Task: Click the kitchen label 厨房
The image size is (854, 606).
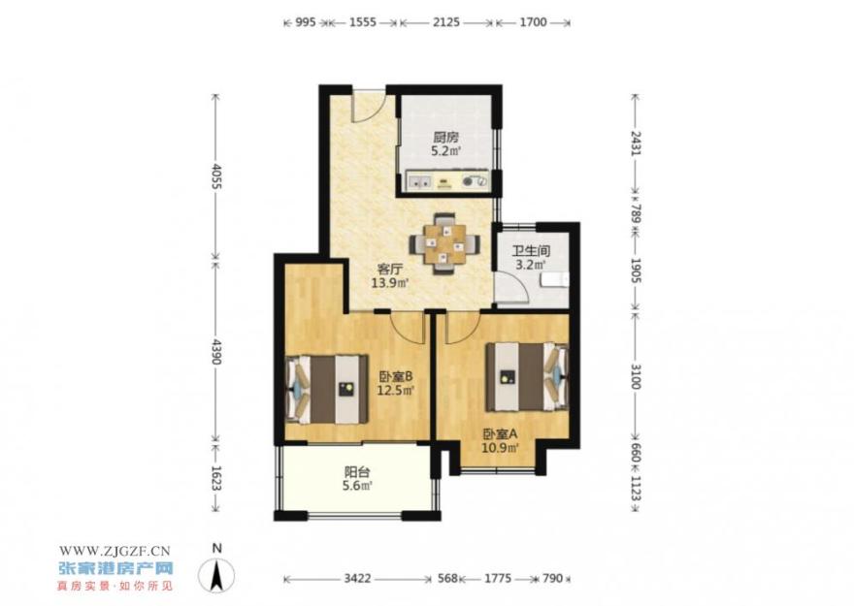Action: [446, 137]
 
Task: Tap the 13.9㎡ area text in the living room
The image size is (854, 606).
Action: [390, 283]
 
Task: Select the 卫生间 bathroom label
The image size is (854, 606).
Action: [531, 251]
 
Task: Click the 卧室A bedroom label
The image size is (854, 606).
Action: [500, 434]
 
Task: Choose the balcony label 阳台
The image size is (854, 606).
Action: [357, 472]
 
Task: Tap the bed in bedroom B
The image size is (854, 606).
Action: [327, 389]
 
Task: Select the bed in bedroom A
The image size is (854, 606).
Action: [527, 376]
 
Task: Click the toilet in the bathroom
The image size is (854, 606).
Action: [555, 280]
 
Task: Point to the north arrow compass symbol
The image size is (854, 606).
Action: [216, 573]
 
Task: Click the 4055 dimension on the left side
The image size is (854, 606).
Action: [216, 175]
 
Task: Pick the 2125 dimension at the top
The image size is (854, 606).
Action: [446, 22]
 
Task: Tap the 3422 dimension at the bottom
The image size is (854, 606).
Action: [357, 578]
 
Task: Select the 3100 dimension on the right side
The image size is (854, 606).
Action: [635, 376]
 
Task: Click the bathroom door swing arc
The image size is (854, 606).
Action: [512, 287]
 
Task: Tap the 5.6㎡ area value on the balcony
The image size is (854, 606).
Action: [357, 486]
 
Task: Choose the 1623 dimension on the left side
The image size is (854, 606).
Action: [216, 478]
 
